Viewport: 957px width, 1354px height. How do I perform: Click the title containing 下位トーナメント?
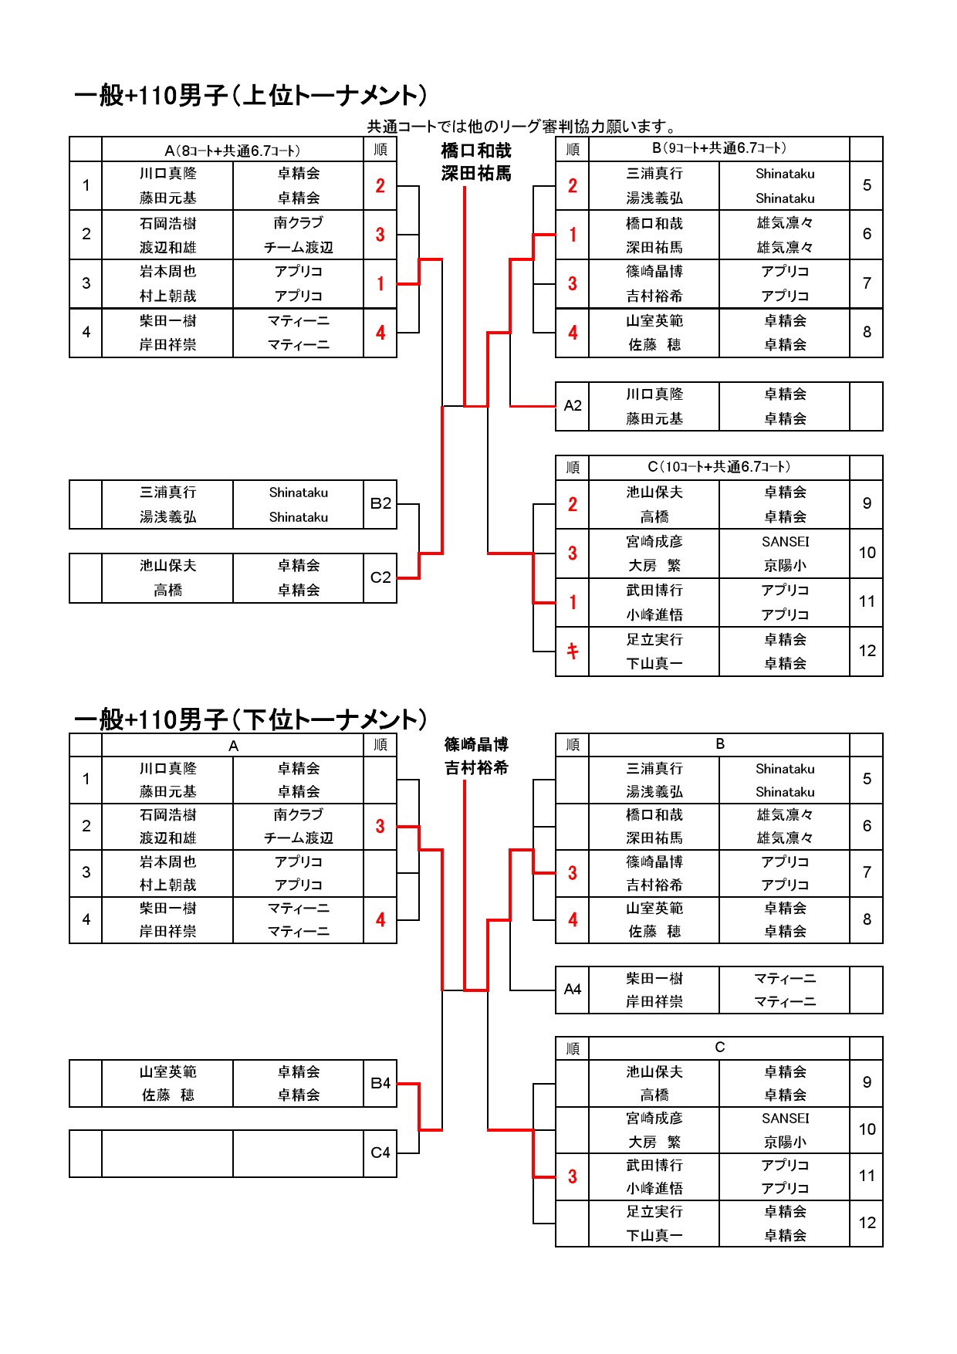pyautogui.click(x=250, y=719)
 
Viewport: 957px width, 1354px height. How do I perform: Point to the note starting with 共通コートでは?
pyautogui.click(x=522, y=127)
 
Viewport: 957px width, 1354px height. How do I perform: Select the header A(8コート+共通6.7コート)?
pyautogui.click(x=232, y=151)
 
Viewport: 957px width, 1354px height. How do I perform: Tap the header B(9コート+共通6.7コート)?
pyautogui.click(x=719, y=148)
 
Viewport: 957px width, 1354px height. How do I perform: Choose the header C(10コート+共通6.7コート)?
pyautogui.click(x=719, y=467)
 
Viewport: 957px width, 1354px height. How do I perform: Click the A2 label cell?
pyautogui.click(x=573, y=406)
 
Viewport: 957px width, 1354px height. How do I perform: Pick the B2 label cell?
pyautogui.click(x=380, y=504)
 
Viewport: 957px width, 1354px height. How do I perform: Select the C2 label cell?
pyautogui.click(x=380, y=577)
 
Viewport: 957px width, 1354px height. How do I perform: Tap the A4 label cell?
pyautogui.click(x=573, y=990)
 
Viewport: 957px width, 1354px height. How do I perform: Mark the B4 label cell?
pyautogui.click(x=380, y=1083)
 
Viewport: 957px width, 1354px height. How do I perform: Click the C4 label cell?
pyautogui.click(x=380, y=1153)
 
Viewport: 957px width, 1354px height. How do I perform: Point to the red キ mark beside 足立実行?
pyautogui.click(x=573, y=652)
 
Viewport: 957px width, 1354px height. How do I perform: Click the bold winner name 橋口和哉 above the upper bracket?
pyautogui.click(x=476, y=151)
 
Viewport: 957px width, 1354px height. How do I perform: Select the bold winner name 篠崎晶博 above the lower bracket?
pyautogui.click(x=476, y=745)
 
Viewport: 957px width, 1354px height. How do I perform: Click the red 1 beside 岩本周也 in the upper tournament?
pyautogui.click(x=380, y=284)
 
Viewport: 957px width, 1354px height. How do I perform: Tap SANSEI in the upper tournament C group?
pyautogui.click(x=785, y=541)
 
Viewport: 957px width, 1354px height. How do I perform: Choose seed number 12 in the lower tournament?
pyautogui.click(x=867, y=1223)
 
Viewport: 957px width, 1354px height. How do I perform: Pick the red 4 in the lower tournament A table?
pyautogui.click(x=380, y=920)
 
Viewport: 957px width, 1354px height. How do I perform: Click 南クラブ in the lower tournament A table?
pyautogui.click(x=299, y=815)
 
